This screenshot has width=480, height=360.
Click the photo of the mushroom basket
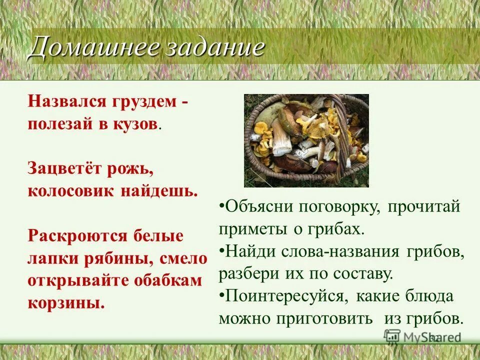click(x=306, y=140)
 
